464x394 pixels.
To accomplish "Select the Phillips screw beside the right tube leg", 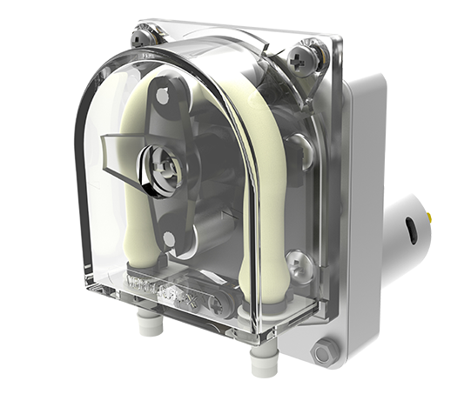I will [x=295, y=258].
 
